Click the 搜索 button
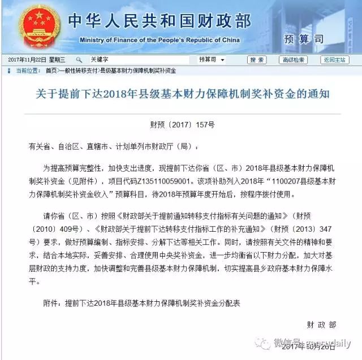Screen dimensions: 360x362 [257, 60]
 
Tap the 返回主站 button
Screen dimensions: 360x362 [335, 60]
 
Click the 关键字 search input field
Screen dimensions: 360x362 [139, 60]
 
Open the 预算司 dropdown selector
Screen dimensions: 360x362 [213, 60]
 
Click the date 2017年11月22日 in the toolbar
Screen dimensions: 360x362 [28, 60]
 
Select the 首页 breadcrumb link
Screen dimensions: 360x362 [51, 71]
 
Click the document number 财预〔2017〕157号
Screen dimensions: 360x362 [182, 123]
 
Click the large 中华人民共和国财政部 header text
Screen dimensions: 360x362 [158, 21]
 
